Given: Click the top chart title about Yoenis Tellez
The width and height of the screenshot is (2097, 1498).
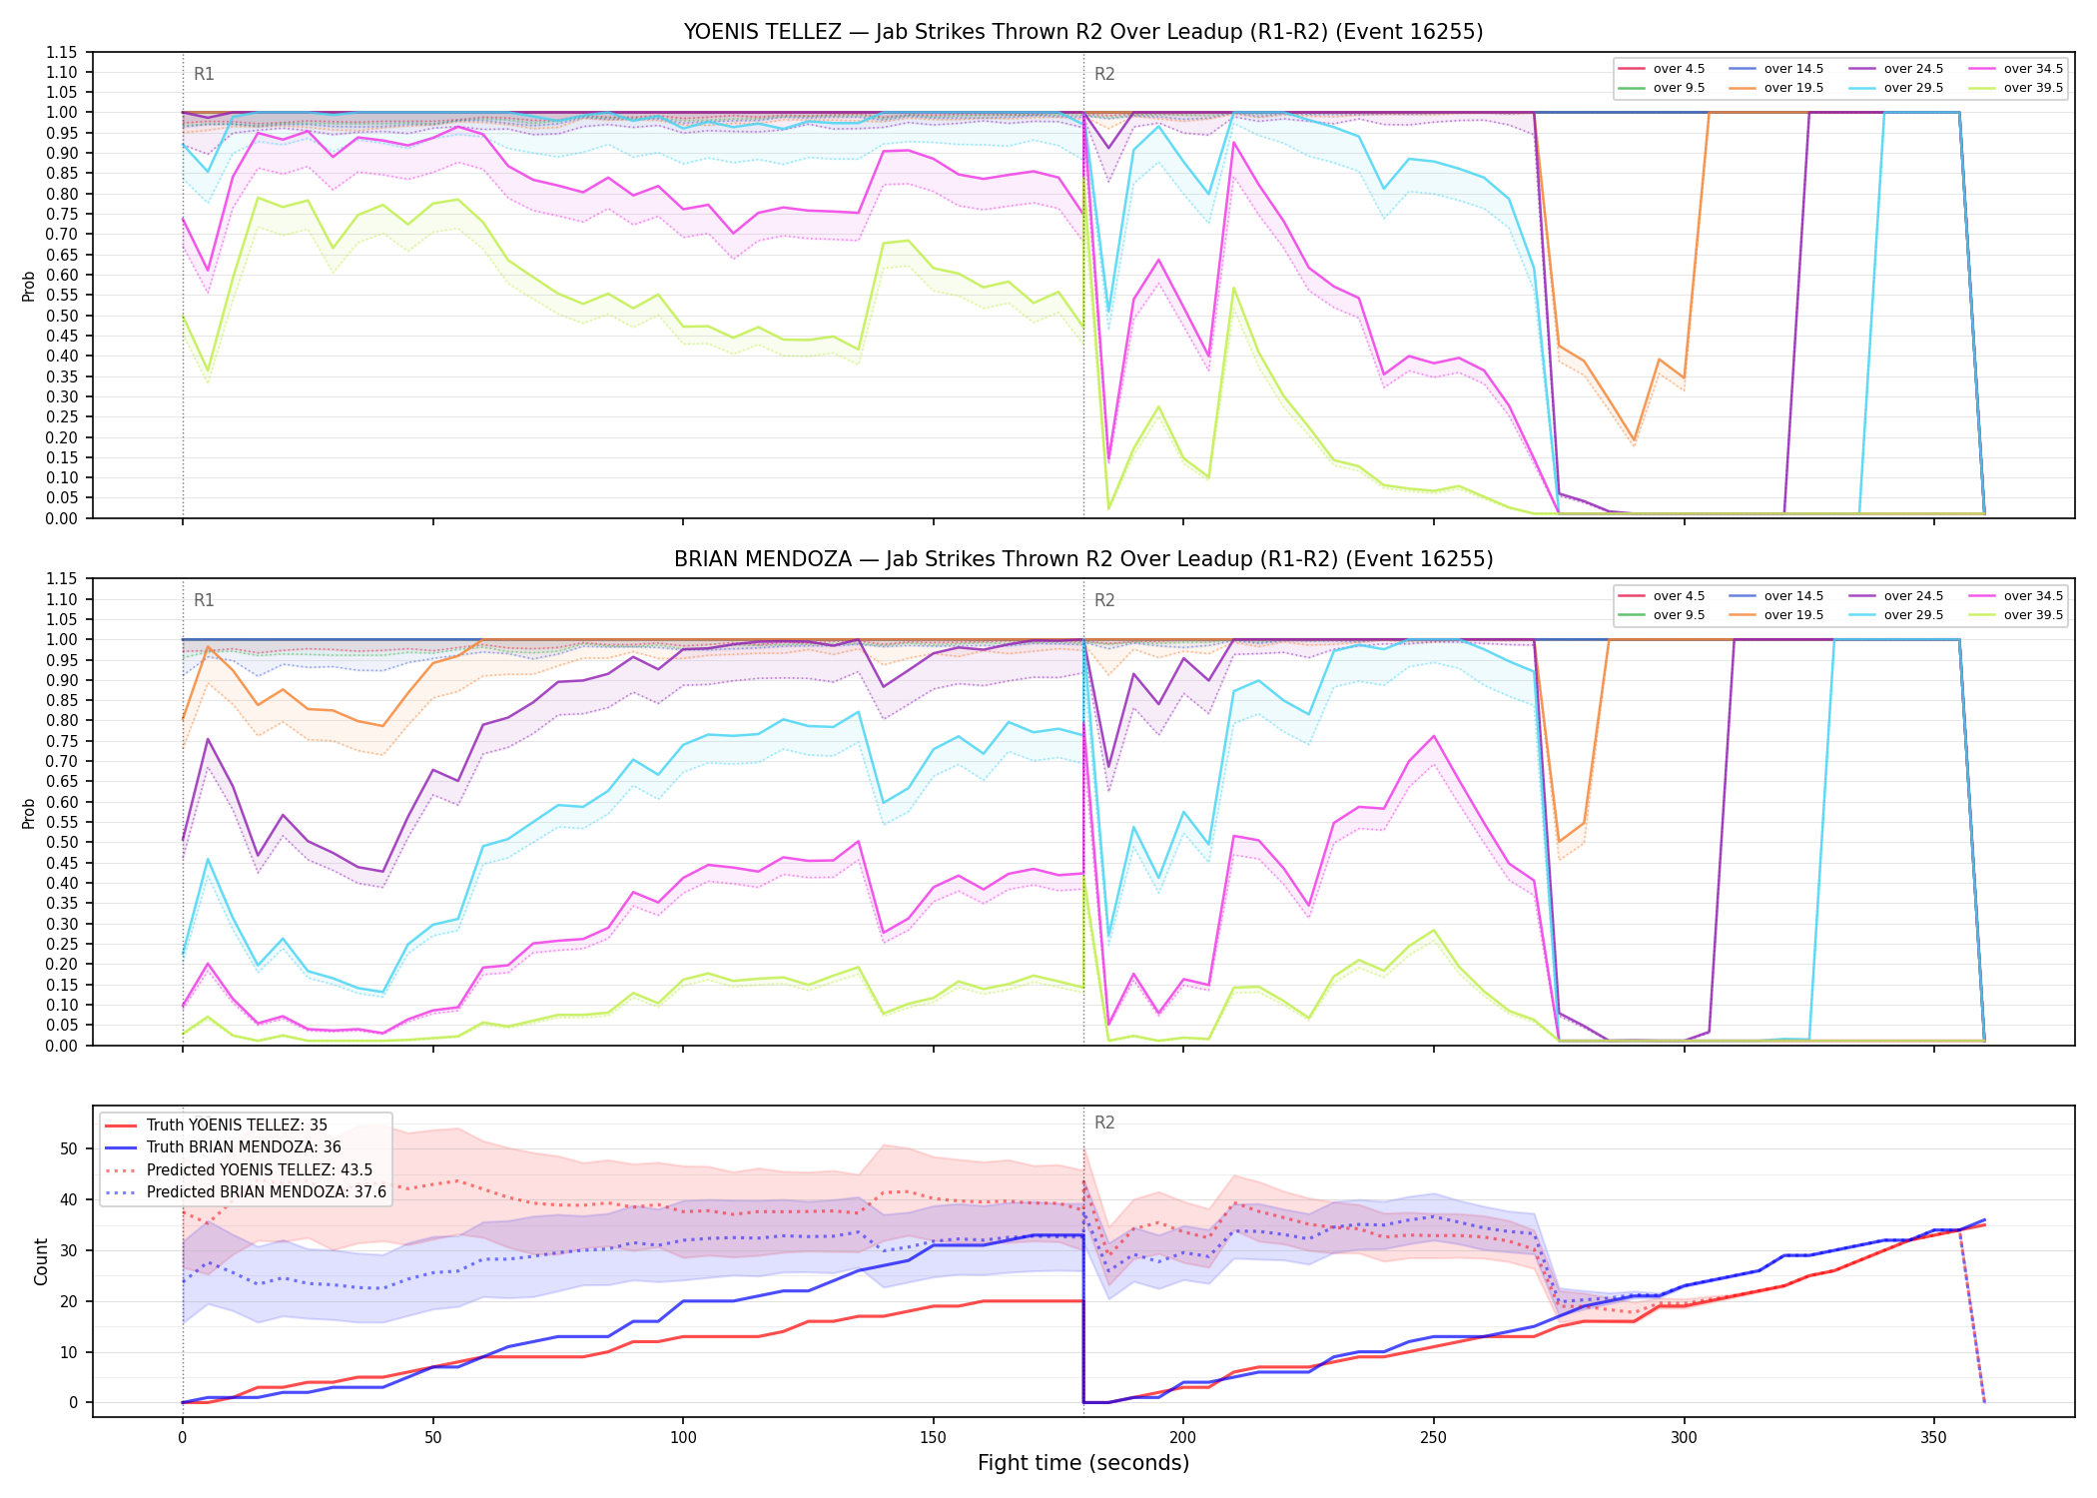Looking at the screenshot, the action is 1083,32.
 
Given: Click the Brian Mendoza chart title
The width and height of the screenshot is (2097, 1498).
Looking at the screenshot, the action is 1083,559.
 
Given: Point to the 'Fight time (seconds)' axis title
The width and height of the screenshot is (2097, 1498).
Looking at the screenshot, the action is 1083,1463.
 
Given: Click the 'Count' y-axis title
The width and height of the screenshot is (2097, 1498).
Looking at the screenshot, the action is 41,1261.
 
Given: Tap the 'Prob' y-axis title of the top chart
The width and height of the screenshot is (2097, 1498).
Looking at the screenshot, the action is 29,287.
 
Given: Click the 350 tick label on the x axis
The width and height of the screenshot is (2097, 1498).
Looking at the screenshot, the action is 1933,1438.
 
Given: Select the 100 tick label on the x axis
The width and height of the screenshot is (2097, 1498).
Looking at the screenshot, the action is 682,1438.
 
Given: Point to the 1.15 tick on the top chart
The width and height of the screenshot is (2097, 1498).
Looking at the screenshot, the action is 62,52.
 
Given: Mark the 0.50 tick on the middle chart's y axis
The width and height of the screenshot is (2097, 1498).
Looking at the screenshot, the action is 62,843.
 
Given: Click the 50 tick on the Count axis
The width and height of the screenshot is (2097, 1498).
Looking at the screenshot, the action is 69,1148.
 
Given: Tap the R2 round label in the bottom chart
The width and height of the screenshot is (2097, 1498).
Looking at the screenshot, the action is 1104,1123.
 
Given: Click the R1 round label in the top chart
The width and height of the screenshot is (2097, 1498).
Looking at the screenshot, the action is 204,74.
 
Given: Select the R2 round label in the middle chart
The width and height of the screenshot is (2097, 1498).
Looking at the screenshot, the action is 1104,600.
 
